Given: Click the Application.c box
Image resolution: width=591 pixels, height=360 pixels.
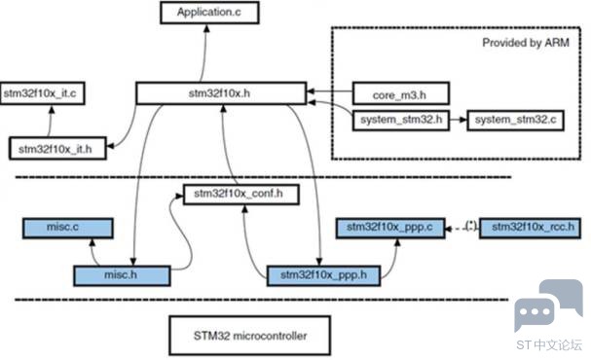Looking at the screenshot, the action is (209, 13).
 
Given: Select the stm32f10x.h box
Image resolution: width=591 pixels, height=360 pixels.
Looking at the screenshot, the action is (221, 93).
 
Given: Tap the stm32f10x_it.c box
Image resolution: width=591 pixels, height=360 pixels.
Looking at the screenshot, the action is (42, 93).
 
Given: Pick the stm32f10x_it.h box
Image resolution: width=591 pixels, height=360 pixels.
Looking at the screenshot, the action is (57, 148).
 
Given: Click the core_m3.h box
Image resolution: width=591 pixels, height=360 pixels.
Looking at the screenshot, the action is (401, 93).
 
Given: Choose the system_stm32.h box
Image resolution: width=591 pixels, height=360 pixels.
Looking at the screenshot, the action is (401, 121).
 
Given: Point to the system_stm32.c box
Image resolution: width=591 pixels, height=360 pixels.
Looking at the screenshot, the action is (515, 121).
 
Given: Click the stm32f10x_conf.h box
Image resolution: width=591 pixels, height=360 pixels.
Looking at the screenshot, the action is (241, 195).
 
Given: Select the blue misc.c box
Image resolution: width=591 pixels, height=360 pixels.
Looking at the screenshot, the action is (68, 229).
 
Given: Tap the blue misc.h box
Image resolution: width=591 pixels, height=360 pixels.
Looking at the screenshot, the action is (122, 275).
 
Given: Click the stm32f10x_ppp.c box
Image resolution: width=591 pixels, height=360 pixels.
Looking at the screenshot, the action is (390, 229).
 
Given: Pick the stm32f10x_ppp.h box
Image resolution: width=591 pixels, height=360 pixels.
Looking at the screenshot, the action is (323, 275).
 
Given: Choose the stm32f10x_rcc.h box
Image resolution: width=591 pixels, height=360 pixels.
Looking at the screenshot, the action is (530, 229).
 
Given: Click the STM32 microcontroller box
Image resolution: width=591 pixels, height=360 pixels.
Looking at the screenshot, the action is (250, 336).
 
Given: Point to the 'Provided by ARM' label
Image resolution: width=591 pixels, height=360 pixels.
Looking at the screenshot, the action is (526, 43).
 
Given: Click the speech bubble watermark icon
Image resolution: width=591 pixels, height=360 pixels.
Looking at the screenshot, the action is (548, 305).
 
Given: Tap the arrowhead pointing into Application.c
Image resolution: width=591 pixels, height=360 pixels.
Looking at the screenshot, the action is (206, 28).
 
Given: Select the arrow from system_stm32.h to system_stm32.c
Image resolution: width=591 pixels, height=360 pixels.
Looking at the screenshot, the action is (459, 120).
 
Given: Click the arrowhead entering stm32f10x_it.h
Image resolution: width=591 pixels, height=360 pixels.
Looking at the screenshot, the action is (110, 146).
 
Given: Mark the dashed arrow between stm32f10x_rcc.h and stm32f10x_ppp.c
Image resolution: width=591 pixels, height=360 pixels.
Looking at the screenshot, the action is (462, 229).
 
